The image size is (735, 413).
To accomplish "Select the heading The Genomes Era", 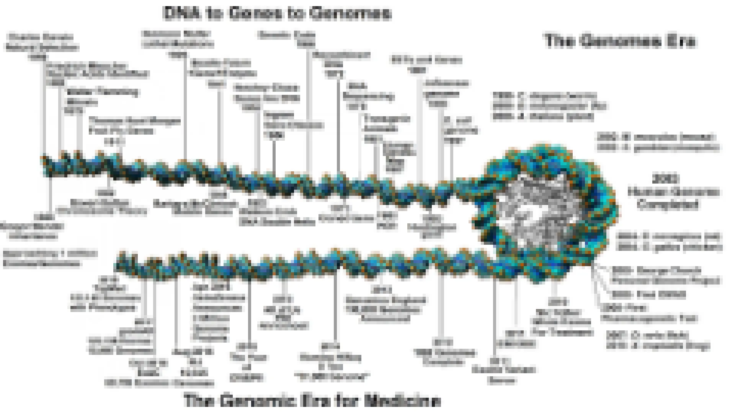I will [620, 41].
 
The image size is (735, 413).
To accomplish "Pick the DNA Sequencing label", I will [367, 96].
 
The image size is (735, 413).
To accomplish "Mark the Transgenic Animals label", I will [381, 124].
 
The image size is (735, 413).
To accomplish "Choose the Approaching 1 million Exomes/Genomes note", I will [50, 259].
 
